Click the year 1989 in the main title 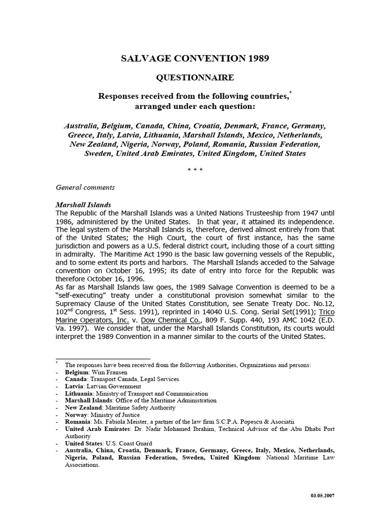pyautogui.click(x=257, y=59)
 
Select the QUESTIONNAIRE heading pyautogui.click(x=194, y=77)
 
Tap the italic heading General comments pyautogui.click(x=85, y=187)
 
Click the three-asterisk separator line pyautogui.click(x=194, y=169)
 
